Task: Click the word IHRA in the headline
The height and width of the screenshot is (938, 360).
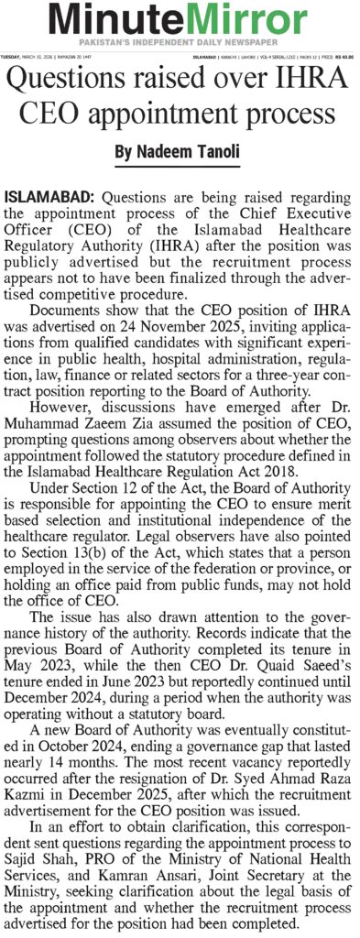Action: [311, 83]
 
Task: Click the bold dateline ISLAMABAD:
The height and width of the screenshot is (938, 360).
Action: [52, 198]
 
